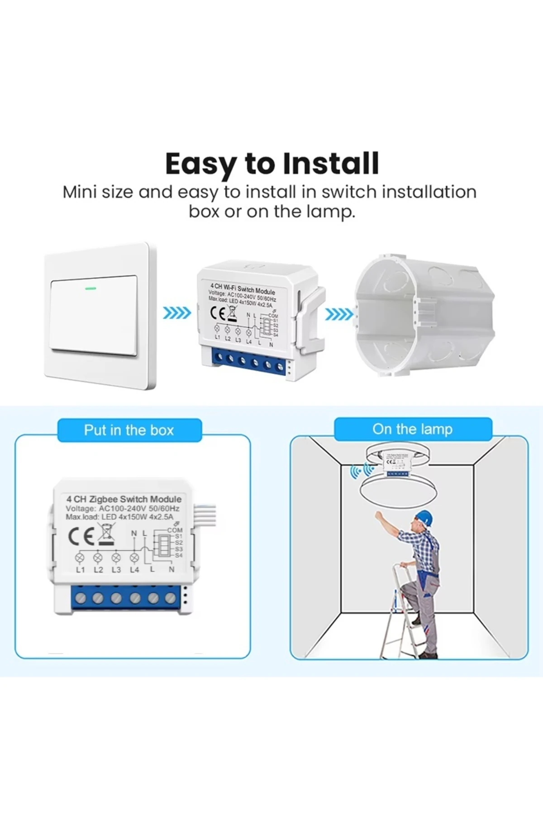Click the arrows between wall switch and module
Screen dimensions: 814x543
[176, 313]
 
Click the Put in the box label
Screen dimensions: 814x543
[129, 430]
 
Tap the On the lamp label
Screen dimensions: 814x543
[412, 429]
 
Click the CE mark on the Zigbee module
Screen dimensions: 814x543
[81, 536]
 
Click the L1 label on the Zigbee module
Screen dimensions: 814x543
[81, 570]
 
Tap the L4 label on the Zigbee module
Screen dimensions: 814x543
[134, 570]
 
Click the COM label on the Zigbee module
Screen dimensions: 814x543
[175, 530]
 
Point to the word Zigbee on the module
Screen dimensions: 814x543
[104, 499]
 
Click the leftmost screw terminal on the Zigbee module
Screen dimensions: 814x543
[81, 598]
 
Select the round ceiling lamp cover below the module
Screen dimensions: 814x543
[398, 490]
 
